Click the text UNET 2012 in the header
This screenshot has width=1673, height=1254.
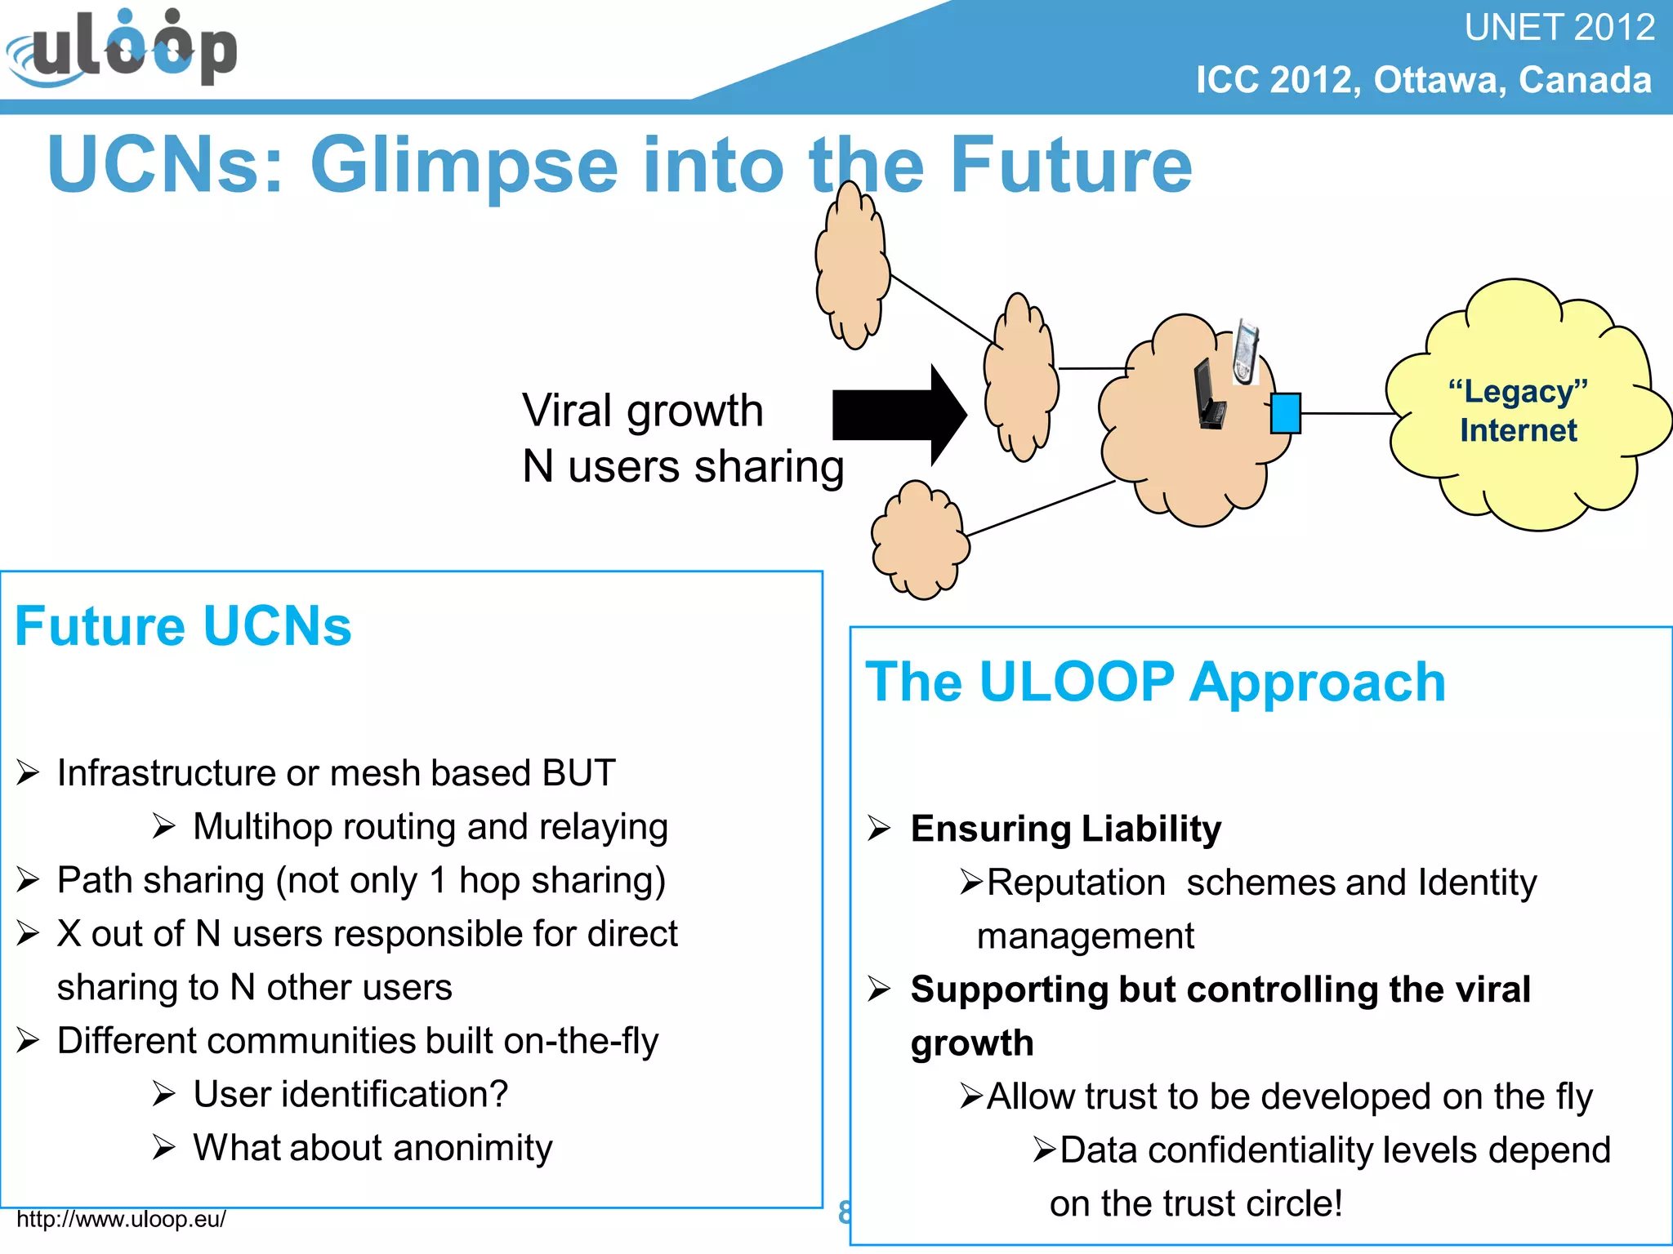(1559, 28)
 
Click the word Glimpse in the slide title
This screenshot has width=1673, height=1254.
(463, 165)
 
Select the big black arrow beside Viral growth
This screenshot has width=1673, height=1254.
(899, 415)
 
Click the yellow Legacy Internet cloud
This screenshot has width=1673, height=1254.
(1519, 457)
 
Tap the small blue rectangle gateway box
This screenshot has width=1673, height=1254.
(1285, 413)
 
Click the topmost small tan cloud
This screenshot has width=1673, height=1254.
(852, 265)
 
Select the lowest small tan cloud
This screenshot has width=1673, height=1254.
(921, 540)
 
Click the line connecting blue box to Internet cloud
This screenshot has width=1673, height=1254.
(1348, 413)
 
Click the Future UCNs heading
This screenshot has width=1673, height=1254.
(183, 626)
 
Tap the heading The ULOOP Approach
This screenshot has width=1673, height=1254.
(1155, 682)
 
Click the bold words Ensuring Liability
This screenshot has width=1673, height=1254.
(1065, 829)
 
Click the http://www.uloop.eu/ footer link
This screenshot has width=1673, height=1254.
(121, 1219)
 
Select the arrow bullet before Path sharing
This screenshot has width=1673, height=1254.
(28, 880)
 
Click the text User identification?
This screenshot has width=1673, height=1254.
(350, 1094)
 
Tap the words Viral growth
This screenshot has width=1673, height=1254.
(642, 410)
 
